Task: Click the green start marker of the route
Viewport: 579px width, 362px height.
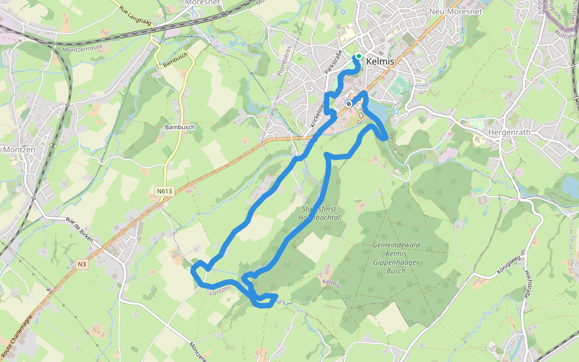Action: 359,56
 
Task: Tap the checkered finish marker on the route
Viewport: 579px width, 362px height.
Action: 349,103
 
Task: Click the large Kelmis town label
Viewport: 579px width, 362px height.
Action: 380,62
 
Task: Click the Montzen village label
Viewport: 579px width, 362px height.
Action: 19,149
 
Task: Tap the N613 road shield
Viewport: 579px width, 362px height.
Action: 164,192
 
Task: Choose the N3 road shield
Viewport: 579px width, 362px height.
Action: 83,264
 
